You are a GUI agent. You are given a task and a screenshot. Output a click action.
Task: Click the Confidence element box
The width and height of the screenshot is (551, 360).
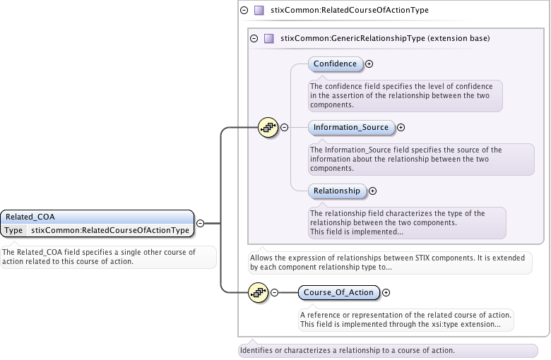(336, 64)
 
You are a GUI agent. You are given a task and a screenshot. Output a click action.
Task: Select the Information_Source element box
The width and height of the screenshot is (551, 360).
(351, 128)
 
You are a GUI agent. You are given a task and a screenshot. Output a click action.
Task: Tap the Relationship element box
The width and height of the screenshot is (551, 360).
(337, 191)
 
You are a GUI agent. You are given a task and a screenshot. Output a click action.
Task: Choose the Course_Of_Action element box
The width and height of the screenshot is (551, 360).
(339, 292)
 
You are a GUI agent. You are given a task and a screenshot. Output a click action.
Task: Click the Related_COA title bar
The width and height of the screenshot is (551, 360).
(97, 217)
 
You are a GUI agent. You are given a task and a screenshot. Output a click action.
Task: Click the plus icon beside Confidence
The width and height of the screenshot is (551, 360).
(369, 64)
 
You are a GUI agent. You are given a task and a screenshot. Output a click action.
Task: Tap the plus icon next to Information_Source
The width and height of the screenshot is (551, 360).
(401, 128)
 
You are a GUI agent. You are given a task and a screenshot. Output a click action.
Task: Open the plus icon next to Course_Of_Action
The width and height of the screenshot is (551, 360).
(386, 292)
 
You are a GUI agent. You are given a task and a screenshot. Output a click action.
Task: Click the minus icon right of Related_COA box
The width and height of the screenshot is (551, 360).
(201, 223)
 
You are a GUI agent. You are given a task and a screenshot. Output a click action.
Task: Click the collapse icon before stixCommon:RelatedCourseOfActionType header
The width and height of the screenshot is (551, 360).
(244, 11)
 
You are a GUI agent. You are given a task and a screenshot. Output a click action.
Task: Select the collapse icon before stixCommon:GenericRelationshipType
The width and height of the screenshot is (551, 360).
(254, 38)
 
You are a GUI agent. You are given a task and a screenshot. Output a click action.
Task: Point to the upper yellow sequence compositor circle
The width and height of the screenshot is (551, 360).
(268, 128)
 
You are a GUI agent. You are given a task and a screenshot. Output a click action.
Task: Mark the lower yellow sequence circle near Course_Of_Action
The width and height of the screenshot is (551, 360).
(258, 292)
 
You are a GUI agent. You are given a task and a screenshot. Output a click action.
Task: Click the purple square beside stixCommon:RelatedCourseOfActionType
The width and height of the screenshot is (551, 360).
(259, 11)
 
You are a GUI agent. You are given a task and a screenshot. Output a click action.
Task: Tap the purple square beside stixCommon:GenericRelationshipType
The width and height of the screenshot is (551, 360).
(268, 38)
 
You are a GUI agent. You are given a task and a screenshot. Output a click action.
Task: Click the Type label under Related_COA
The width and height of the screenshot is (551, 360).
(13, 230)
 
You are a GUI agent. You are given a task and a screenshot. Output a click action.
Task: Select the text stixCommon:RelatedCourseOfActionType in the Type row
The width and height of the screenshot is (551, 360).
(110, 230)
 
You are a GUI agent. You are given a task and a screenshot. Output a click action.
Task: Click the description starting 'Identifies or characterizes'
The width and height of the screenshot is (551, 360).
(347, 350)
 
